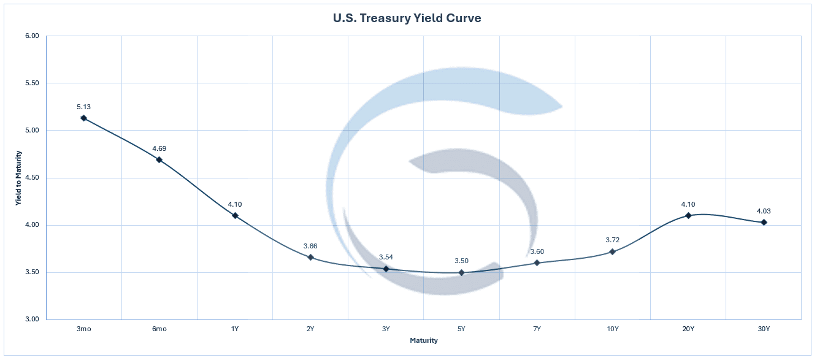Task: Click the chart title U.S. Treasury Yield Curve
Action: (x=407, y=18)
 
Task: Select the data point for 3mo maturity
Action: (x=83, y=118)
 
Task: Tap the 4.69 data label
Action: (x=159, y=148)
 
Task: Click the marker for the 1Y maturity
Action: (x=235, y=215)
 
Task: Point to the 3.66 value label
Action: (x=310, y=246)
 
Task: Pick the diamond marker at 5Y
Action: (x=462, y=272)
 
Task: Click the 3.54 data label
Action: (x=386, y=257)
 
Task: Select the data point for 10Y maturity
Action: (x=612, y=251)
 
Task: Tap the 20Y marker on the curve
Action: (x=688, y=215)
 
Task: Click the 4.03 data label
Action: (x=764, y=211)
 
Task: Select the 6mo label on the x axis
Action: (x=159, y=329)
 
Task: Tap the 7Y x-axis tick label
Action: (x=537, y=329)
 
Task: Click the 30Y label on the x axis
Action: (x=764, y=329)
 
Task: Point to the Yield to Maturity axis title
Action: (x=20, y=178)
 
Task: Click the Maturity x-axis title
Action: (x=424, y=340)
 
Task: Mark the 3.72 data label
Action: (x=612, y=240)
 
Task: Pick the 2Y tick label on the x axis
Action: (x=310, y=329)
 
